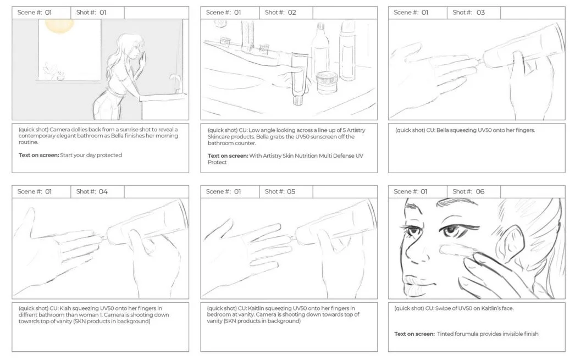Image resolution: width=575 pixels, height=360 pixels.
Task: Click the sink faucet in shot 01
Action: (x=175, y=82)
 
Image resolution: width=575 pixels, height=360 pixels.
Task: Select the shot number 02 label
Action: (x=280, y=13)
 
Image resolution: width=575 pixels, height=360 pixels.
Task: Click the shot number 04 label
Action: (x=92, y=192)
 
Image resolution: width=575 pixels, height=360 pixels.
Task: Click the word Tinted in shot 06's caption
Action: (x=445, y=334)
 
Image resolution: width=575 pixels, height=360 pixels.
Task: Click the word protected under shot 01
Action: (x=108, y=155)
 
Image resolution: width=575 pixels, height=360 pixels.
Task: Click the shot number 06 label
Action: (x=468, y=192)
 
